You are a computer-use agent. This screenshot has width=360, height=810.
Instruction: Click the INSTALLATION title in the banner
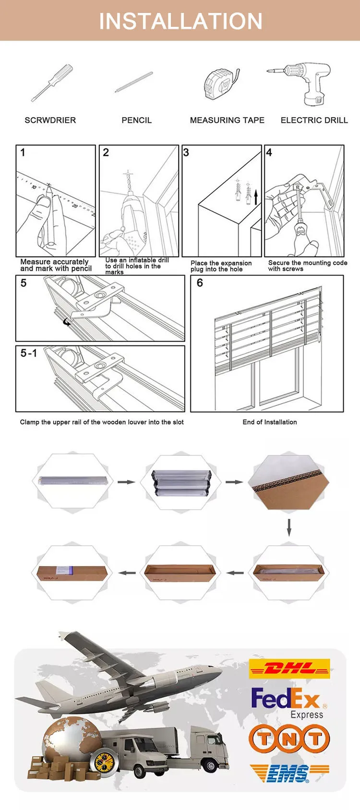click(x=180, y=21)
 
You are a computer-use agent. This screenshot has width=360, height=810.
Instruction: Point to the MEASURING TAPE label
click(x=227, y=120)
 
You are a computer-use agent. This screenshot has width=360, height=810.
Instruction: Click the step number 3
click(x=186, y=153)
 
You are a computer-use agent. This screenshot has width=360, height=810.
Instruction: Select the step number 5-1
click(x=28, y=353)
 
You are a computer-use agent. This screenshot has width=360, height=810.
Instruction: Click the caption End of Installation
click(x=270, y=422)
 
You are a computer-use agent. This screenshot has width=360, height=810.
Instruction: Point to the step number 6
click(x=200, y=283)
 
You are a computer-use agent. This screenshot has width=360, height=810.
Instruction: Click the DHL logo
click(x=289, y=668)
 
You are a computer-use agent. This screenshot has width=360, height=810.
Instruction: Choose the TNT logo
click(x=289, y=739)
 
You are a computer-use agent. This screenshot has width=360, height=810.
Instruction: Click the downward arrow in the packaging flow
click(x=289, y=526)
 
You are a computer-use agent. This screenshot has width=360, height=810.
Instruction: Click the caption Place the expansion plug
click(x=221, y=266)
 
